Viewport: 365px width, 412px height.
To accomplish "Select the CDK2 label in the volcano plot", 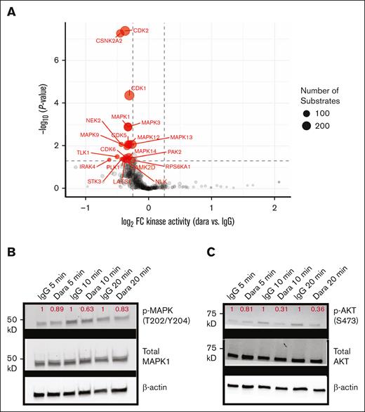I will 140,30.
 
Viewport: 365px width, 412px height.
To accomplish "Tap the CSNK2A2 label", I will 109,41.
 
